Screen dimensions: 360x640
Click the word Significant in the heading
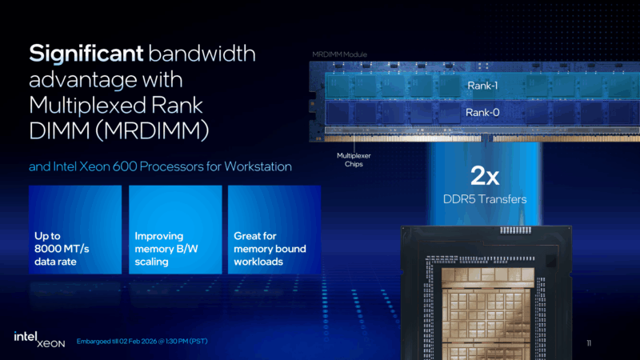point(84,54)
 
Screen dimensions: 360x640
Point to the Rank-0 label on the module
point(482,113)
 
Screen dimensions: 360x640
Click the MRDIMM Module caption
point(339,54)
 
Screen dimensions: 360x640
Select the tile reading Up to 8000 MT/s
point(75,230)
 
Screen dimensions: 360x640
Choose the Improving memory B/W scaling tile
point(174,230)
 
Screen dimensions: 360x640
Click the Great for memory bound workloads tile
point(274,230)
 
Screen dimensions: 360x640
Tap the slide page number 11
point(589,343)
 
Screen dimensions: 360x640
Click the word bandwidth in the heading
point(200,54)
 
